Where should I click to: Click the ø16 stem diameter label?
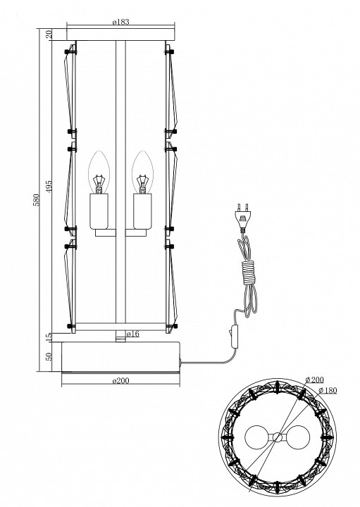click(x=131, y=333)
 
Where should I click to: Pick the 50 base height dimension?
click(x=49, y=356)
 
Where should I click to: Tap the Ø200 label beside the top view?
click(x=314, y=381)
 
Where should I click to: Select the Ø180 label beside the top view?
click(x=328, y=390)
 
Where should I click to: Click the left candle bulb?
click(x=100, y=173)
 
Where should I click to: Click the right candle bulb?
click(x=143, y=173)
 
